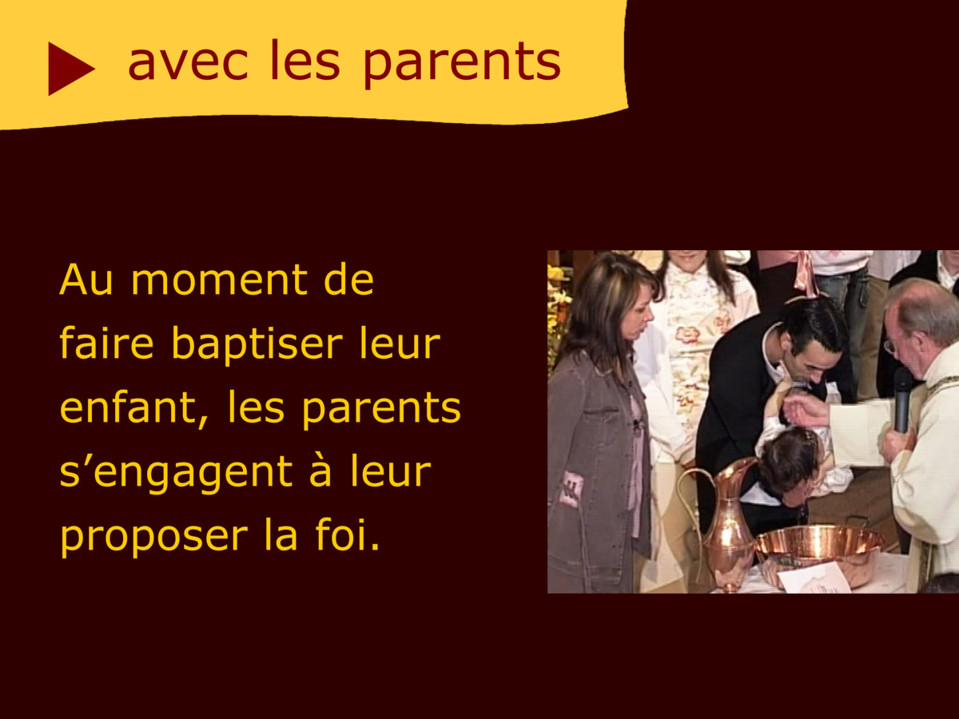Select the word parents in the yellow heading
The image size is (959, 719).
pos(462,65)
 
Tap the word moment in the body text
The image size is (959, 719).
pos(218,280)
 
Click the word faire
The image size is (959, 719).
pos(106,344)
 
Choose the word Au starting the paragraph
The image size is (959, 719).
pos(86,280)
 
